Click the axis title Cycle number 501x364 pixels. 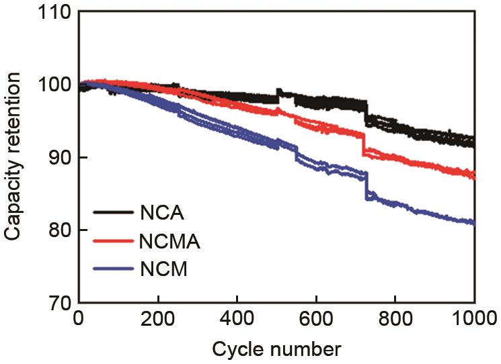(x=277, y=350)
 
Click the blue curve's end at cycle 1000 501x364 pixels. (x=474, y=223)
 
